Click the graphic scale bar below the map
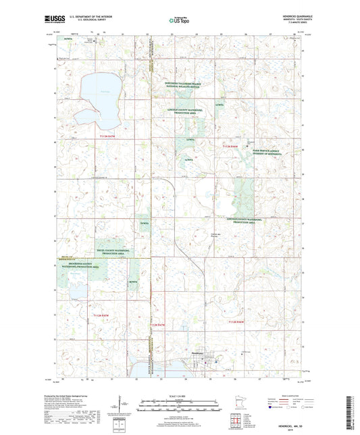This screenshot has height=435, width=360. coord(180,401)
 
